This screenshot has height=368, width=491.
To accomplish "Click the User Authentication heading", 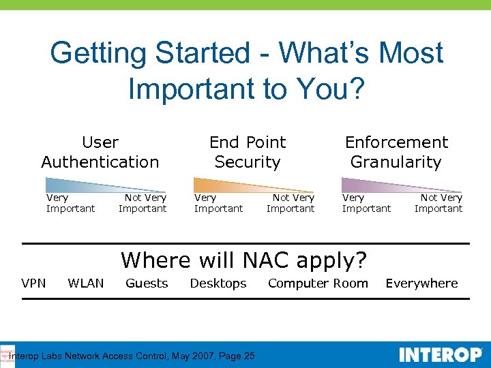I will (x=100, y=152).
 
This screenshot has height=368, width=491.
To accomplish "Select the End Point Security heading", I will (x=248, y=152).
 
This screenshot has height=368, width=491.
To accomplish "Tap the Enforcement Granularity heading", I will (x=396, y=152).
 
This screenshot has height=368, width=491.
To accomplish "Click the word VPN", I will (x=33, y=283).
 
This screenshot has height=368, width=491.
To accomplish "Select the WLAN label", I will (x=86, y=283).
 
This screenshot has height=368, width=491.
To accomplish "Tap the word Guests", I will (x=147, y=283).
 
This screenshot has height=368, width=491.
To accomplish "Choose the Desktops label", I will (x=218, y=283).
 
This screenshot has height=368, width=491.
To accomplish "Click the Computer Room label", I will (x=318, y=283).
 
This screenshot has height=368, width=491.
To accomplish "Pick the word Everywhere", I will (x=421, y=283).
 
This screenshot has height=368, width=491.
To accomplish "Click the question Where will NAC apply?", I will (x=244, y=260).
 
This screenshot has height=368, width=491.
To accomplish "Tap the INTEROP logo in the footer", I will (x=440, y=355).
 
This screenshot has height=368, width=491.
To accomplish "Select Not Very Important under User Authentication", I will (x=143, y=203).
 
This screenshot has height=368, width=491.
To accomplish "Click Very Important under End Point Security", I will (x=218, y=203).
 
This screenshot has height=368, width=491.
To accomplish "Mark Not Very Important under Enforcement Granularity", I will (x=438, y=203).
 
